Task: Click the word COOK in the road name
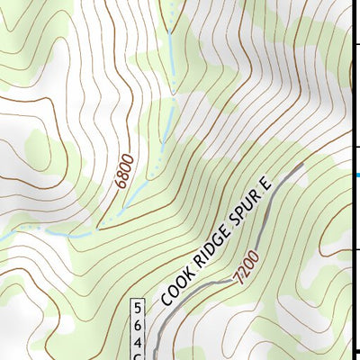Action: pyautogui.click(x=175, y=289)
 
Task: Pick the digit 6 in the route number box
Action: pyautogui.click(x=139, y=325)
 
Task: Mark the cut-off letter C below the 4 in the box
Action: pyautogui.click(x=139, y=356)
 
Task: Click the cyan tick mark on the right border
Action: pyautogui.click(x=356, y=175)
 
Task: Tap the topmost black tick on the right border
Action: pyautogui.click(x=356, y=42)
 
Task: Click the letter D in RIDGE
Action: pyautogui.click(x=210, y=254)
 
